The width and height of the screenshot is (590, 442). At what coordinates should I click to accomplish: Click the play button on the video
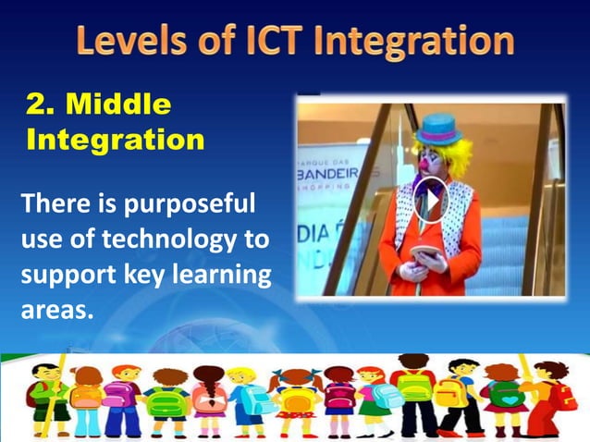pyautogui.click(x=431, y=198)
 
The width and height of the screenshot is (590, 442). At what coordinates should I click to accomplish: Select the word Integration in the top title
pyautogui.click(x=422, y=42)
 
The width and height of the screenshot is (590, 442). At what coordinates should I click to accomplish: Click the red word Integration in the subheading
pyautogui.click(x=115, y=141)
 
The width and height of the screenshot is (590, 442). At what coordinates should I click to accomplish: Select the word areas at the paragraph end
pyautogui.click(x=56, y=309)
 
